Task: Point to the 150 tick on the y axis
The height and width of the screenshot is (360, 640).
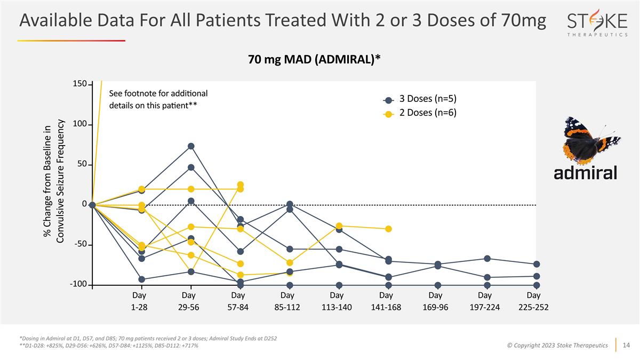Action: tap(79, 84)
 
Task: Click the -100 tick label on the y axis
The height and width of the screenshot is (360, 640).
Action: tap(78, 285)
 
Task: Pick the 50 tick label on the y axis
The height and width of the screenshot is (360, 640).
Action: tap(82, 165)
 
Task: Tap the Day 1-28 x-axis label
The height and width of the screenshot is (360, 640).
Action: tap(139, 301)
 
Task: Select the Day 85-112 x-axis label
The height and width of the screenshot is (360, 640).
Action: tap(287, 301)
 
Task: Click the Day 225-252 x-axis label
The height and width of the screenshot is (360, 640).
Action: tap(533, 301)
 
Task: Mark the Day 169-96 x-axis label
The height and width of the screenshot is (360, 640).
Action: tap(435, 301)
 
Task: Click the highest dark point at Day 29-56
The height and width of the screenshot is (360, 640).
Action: tap(191, 146)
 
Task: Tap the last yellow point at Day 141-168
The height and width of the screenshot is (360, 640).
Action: tap(389, 229)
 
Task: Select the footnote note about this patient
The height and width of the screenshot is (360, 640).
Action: tap(158, 99)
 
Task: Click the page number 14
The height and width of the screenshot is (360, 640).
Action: tap(627, 345)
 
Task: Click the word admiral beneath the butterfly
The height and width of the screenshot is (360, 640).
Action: tap(585, 173)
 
